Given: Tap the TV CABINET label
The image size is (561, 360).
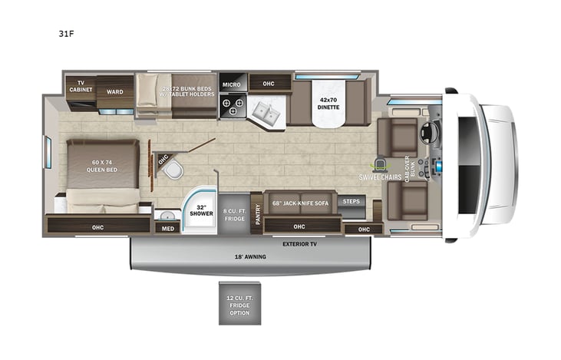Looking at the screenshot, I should click(80, 87).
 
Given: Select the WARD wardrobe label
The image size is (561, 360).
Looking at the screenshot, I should click(114, 91).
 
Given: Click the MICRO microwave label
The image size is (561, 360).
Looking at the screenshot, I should click(232, 84).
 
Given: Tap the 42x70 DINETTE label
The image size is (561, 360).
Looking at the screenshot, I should click(328, 104).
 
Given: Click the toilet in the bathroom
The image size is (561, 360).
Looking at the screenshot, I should click(176, 169).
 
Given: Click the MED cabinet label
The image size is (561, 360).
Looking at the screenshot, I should click(166, 228).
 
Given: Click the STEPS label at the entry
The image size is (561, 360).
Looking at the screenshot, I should click(351, 202).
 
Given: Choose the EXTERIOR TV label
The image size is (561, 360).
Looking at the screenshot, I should click(300, 244).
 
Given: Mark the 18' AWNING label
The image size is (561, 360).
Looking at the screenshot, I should click(251, 256).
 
